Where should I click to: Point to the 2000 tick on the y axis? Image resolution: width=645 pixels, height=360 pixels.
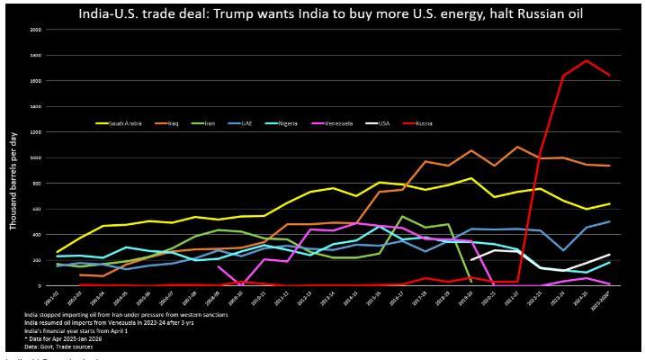[x=36, y=30]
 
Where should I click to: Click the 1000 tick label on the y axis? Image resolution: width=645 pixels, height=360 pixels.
[x=36, y=157]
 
